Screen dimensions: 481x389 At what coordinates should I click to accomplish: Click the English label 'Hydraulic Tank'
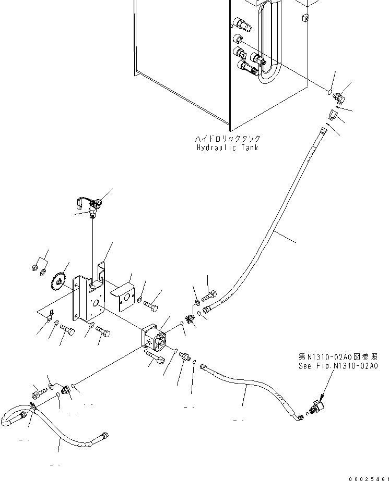coord(228,147)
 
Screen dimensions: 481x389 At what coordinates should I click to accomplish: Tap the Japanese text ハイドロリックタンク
coord(228,139)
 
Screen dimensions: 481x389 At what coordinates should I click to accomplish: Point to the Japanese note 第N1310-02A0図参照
coord(337,357)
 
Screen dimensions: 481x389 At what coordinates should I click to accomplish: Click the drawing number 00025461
coord(368,476)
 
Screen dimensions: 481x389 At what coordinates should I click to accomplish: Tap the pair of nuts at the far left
coord(38,269)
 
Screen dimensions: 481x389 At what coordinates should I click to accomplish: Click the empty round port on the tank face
coord(238,39)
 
